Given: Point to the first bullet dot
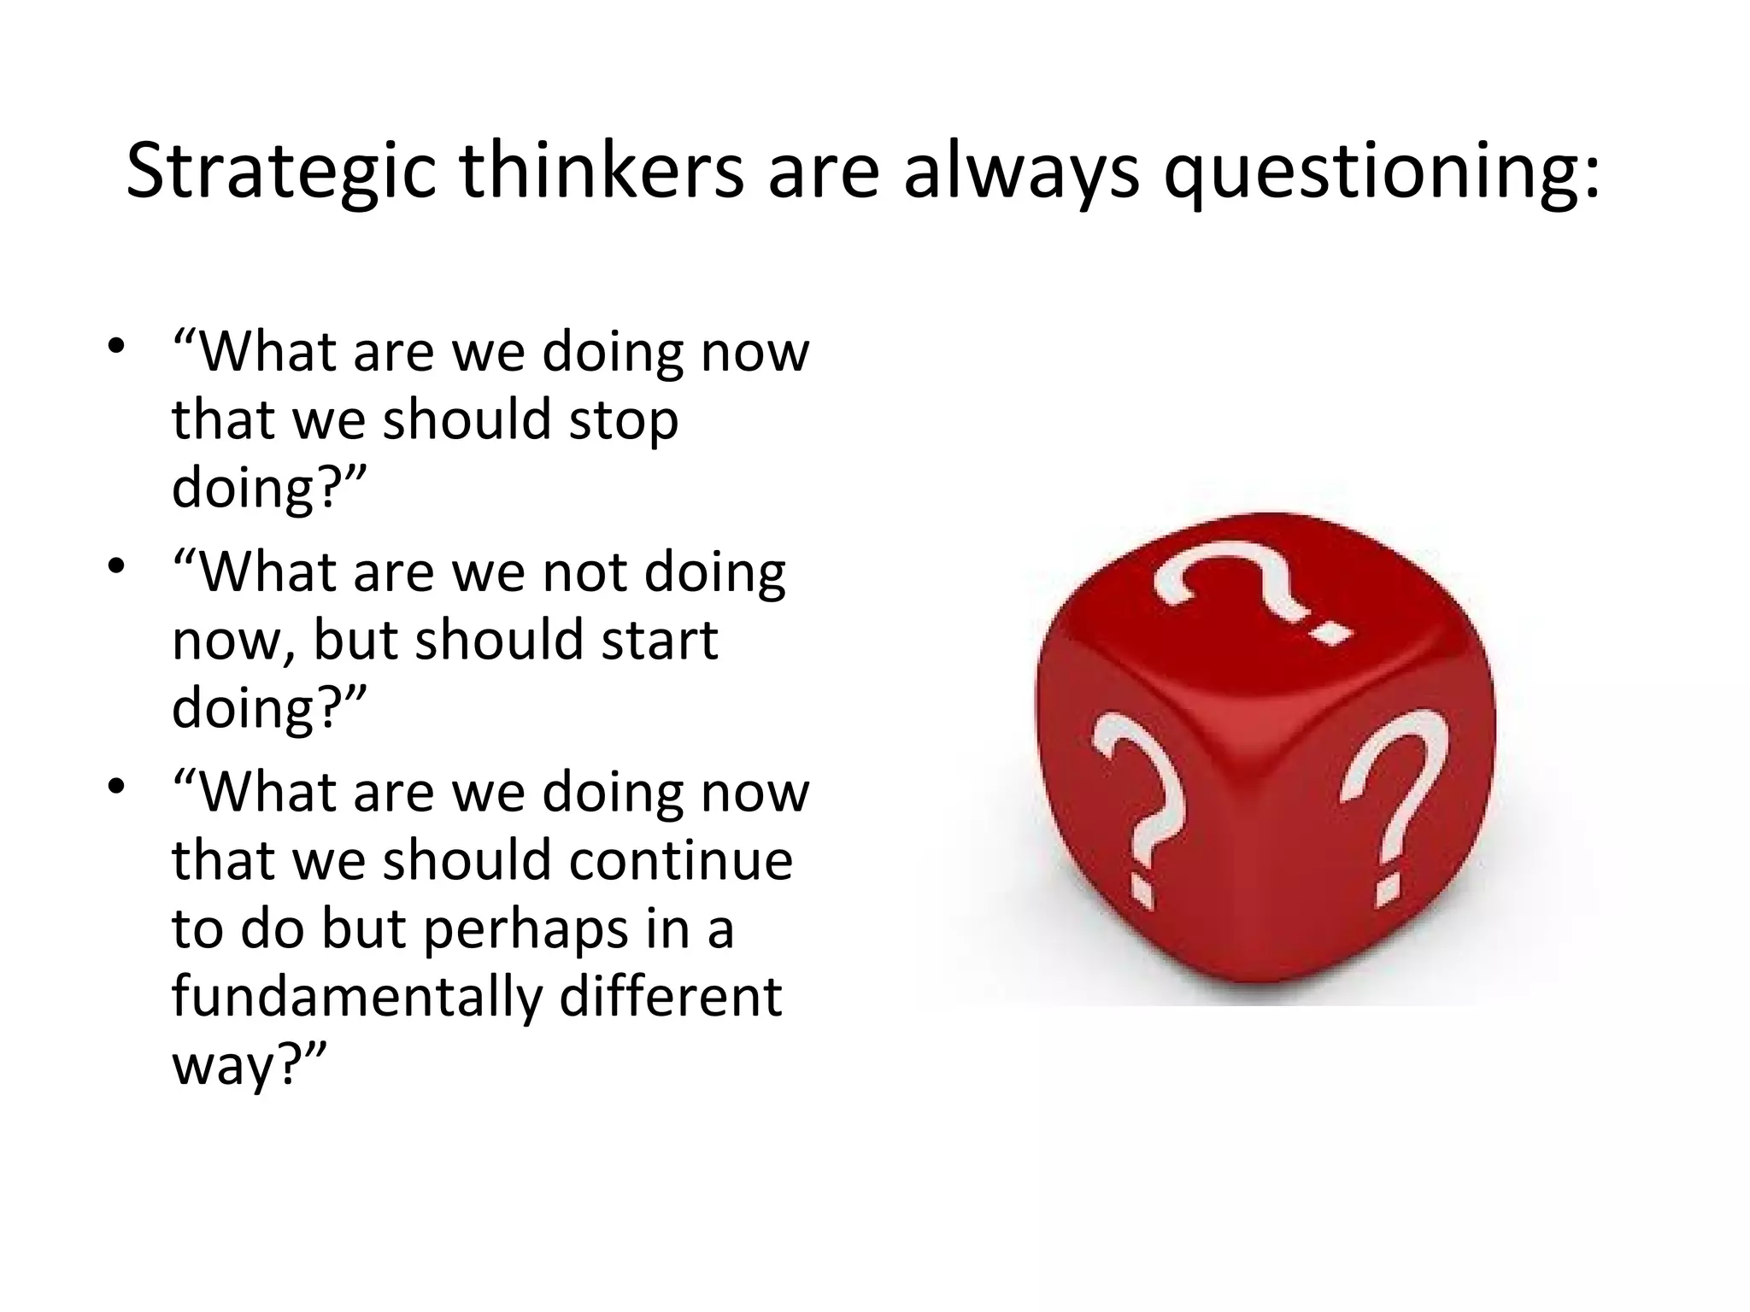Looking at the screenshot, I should (117, 346).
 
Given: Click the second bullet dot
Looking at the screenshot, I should (117, 566).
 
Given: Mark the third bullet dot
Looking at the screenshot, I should (117, 787).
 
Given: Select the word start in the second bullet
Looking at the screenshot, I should (659, 641).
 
